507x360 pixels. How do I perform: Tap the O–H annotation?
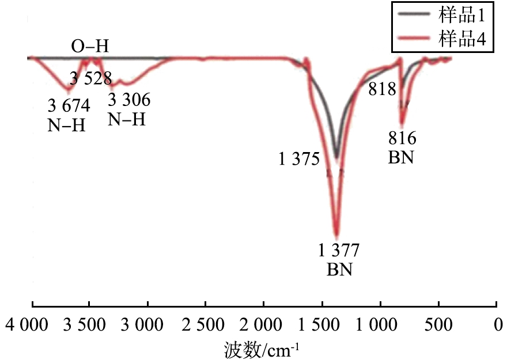[x=90, y=46]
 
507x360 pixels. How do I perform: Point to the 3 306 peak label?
[x=129, y=101]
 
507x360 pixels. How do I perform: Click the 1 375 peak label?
[x=299, y=160]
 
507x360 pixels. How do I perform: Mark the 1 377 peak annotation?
[x=339, y=251]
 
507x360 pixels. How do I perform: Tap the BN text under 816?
[x=401, y=157]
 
